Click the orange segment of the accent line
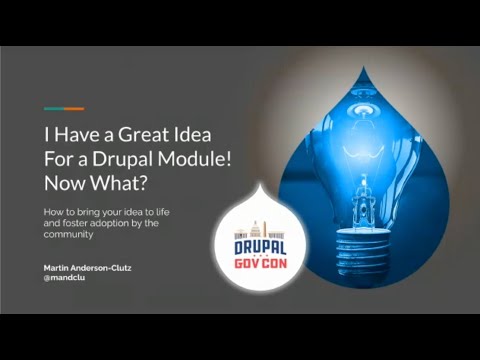(73, 108)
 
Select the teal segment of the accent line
(53, 108)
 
